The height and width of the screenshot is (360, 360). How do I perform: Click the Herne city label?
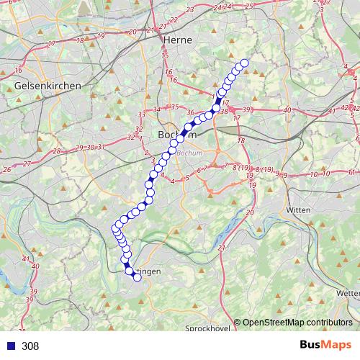(x=178, y=40)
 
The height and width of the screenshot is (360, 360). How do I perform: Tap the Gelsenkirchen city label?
(x=48, y=86)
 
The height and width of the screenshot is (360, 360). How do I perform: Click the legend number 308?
(x=30, y=346)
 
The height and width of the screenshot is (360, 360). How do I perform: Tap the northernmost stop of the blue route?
(x=243, y=63)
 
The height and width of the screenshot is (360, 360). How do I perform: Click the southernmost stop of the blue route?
(x=137, y=277)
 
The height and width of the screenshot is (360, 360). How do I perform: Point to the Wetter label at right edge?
(x=348, y=293)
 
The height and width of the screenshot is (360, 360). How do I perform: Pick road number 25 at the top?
(x=249, y=6)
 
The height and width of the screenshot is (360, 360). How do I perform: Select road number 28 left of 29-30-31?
(x=56, y=151)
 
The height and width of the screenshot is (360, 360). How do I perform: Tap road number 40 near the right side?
(x=287, y=109)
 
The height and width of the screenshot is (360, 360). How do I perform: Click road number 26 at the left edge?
(x=6, y=170)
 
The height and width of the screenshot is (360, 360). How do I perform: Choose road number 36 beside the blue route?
(x=191, y=112)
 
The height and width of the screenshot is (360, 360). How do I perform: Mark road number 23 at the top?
(x=190, y=10)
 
